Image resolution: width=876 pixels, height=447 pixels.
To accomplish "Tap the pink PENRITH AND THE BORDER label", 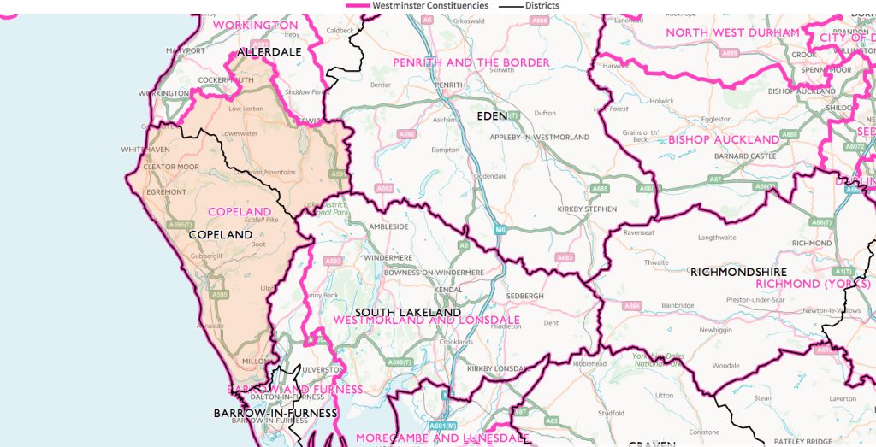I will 471,63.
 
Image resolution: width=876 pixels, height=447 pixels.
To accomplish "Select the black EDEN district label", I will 492,115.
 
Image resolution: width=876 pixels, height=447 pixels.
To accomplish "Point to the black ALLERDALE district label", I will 269,52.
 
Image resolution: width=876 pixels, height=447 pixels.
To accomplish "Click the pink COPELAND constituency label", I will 240,212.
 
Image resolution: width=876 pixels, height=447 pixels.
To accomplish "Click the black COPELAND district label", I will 221,234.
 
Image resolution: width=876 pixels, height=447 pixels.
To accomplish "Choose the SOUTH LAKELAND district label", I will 408,313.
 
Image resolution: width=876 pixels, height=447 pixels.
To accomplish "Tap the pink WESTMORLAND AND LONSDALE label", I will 426,321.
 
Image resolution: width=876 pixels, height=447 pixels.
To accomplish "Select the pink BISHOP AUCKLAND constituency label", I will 724,139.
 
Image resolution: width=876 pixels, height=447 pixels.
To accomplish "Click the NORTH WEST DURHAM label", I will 732,33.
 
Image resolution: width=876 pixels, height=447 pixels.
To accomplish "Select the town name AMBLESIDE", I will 388,227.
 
